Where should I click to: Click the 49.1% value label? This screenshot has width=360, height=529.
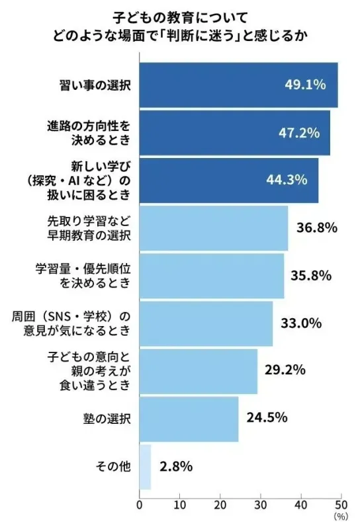[x=306, y=85]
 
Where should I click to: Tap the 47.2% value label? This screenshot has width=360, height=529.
[x=298, y=132]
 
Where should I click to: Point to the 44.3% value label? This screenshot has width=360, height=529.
[x=287, y=180]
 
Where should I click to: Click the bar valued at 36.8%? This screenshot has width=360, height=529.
[x=213, y=228]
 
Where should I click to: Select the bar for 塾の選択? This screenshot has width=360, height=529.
[x=189, y=419]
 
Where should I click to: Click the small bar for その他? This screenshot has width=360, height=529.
[x=145, y=466]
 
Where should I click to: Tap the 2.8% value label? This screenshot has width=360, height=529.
[x=176, y=466]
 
